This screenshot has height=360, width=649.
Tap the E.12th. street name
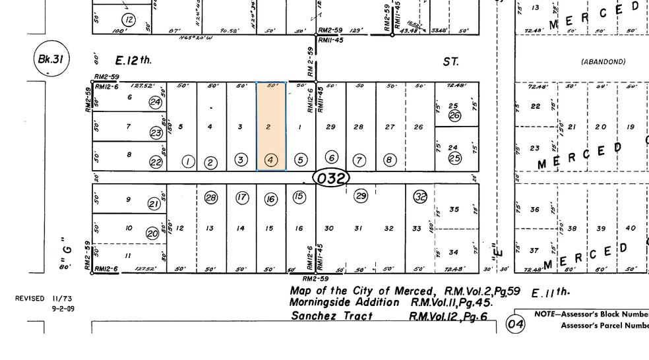(x=134, y=61)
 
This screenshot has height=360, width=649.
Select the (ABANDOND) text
(x=603, y=61)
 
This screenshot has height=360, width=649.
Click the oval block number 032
(x=330, y=178)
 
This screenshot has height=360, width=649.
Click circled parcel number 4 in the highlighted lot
(x=270, y=160)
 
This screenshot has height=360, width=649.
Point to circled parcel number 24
(x=156, y=102)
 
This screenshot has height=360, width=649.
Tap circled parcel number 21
(x=154, y=204)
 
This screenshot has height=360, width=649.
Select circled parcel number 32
(x=420, y=196)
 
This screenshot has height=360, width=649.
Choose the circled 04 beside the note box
(x=514, y=324)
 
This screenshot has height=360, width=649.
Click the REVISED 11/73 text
(x=44, y=299)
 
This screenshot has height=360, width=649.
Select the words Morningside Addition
(x=344, y=303)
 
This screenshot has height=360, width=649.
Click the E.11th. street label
(x=550, y=292)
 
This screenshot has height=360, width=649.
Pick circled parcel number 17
(x=242, y=197)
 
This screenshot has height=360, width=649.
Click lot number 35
(x=454, y=210)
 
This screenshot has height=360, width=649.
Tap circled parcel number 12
(x=129, y=20)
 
